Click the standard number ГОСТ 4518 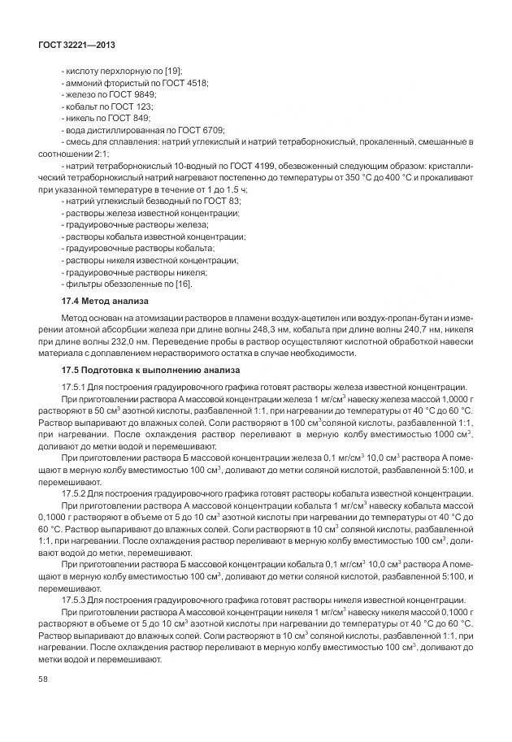(187, 84)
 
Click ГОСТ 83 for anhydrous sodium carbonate (221, 201)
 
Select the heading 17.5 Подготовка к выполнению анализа (150, 371)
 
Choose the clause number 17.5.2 (78, 492)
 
